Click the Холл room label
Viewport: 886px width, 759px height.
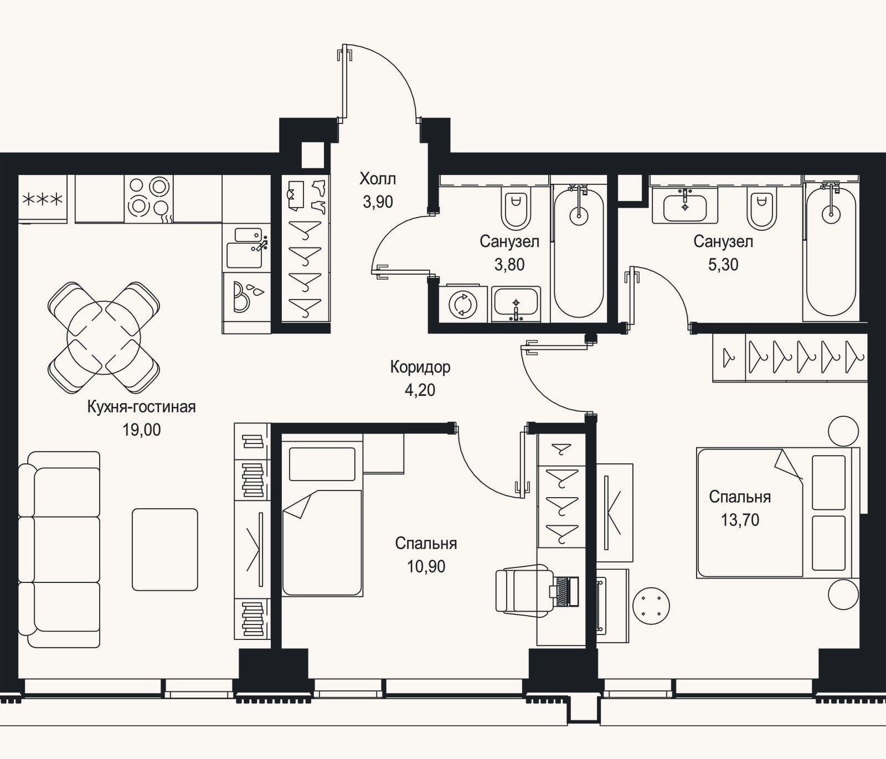[378, 179]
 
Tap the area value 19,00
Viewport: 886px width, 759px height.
[142, 430]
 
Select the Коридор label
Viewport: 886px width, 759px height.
[420, 366]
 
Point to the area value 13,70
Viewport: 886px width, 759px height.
[740, 520]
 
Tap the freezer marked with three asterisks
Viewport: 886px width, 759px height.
[43, 199]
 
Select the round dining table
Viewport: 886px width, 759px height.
[104, 337]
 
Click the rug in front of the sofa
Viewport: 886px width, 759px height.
[165, 550]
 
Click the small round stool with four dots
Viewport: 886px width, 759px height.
[651, 606]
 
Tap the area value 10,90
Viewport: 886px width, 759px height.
[426, 567]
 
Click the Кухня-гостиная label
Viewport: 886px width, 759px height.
[142, 407]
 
